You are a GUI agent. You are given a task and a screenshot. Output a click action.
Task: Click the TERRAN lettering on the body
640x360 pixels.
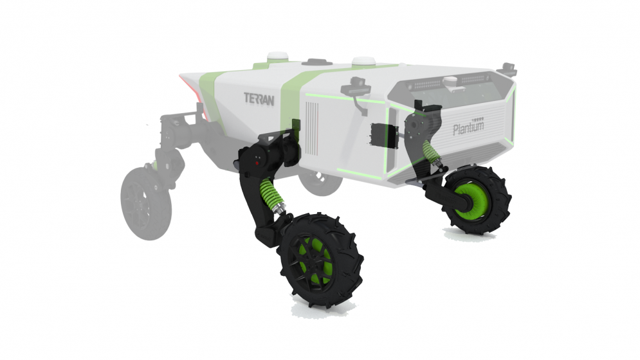tap(259, 99)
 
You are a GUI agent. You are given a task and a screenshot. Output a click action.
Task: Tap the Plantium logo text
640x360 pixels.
tap(468, 128)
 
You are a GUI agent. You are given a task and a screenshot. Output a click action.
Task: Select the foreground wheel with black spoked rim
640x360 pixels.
tap(321, 260)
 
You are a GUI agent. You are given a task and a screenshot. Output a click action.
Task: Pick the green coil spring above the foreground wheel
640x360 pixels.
tap(271, 195)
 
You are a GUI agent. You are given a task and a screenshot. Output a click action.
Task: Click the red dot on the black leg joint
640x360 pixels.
tap(257, 163)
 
